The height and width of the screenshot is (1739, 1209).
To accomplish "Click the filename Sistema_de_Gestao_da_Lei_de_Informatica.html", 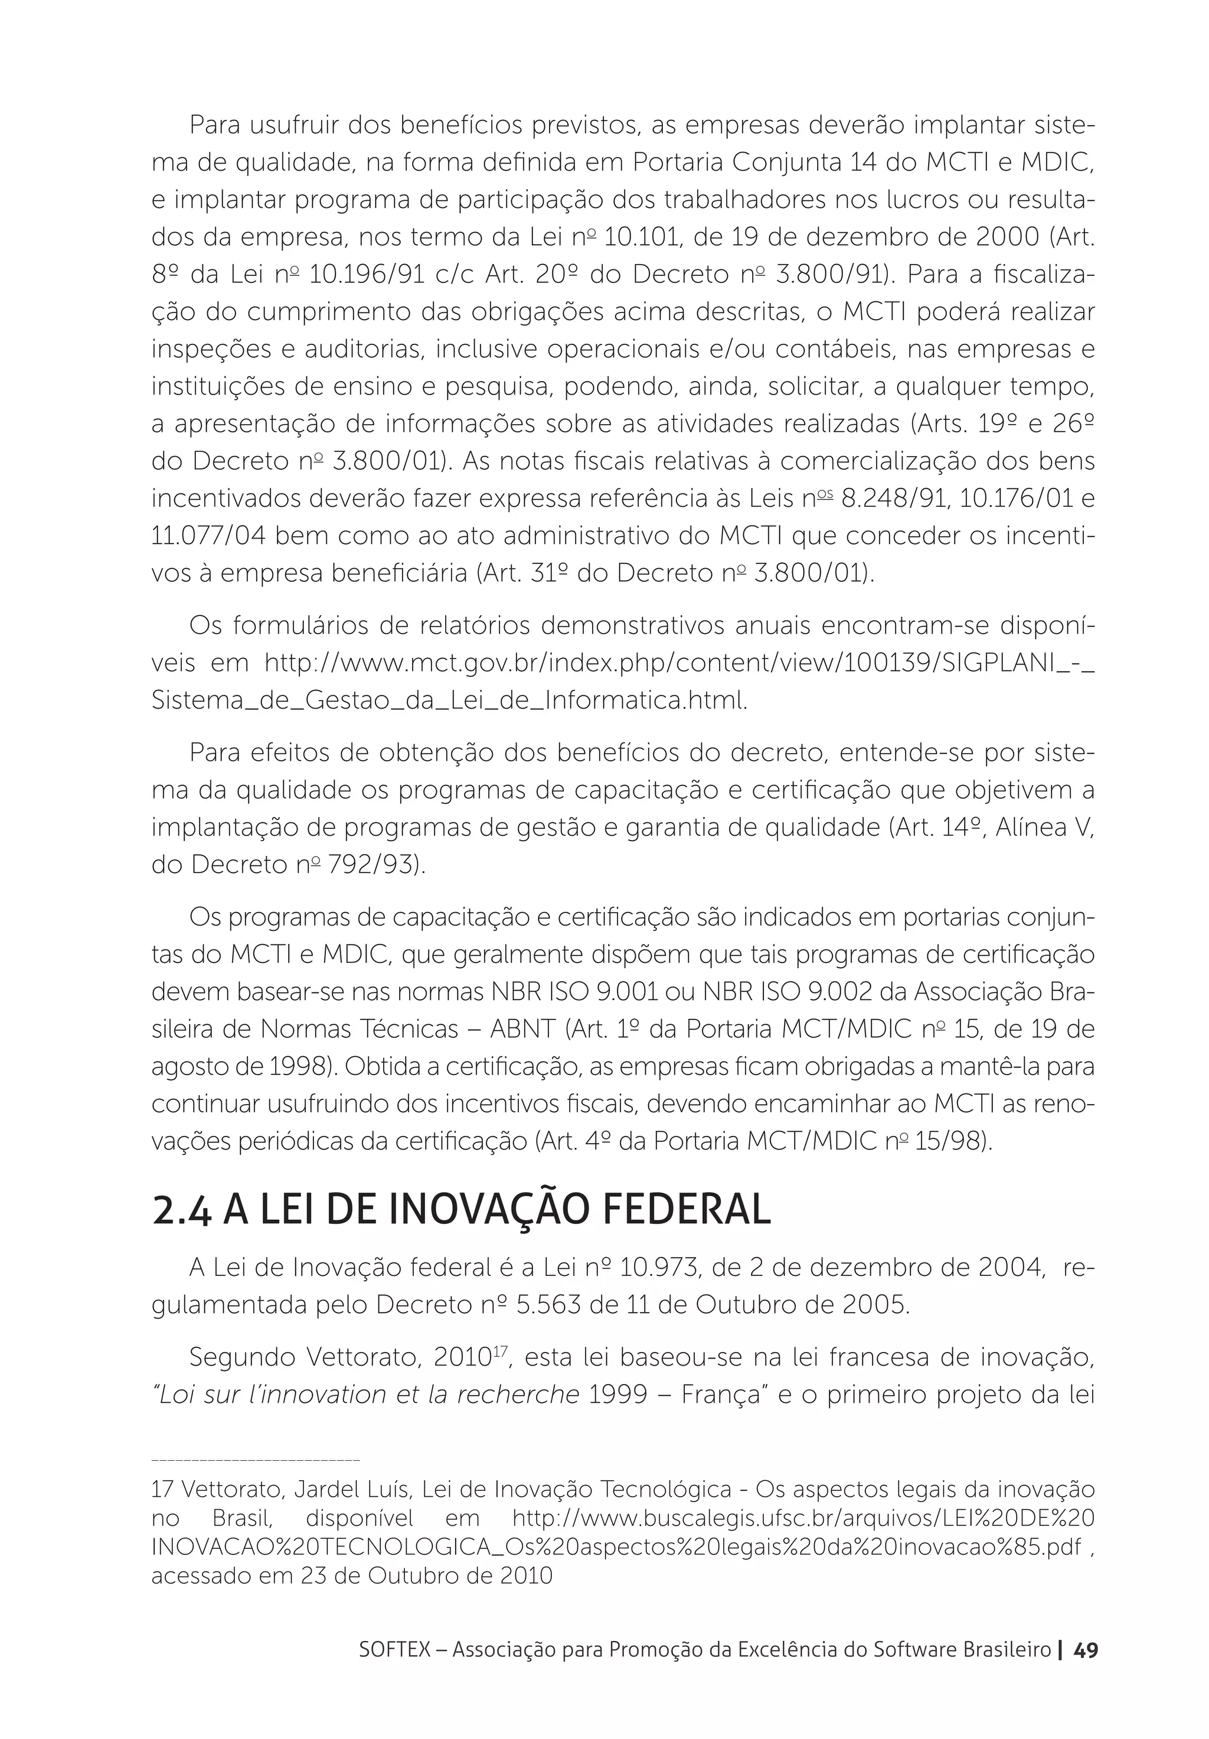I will pyautogui.click(x=449, y=701).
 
